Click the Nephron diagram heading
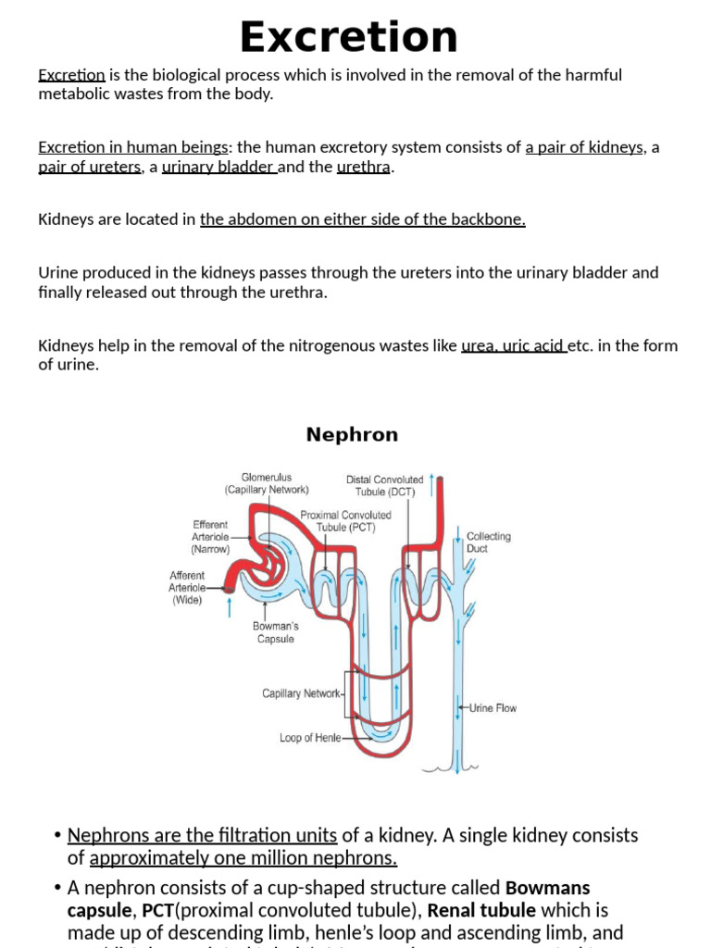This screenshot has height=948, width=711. pyautogui.click(x=352, y=434)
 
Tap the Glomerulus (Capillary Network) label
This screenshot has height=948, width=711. pyautogui.click(x=267, y=483)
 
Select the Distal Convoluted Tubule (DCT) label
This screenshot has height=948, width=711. pyautogui.click(x=384, y=485)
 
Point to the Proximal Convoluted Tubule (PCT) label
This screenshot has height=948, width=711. pyautogui.click(x=345, y=521)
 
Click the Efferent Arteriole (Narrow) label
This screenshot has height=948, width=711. pyautogui.click(x=211, y=536)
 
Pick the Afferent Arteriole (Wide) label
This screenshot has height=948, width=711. pyautogui.click(x=187, y=587)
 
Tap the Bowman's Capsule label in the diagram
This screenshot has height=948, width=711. pyautogui.click(x=275, y=632)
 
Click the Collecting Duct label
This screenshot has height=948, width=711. pyautogui.click(x=488, y=542)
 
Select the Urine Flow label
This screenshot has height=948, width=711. pyautogui.click(x=493, y=708)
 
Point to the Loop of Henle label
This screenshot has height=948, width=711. pyautogui.click(x=310, y=738)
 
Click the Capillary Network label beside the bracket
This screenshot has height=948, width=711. pyautogui.click(x=302, y=692)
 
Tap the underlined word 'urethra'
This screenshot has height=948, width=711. pyautogui.click(x=365, y=168)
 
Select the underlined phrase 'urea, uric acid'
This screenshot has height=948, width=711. pyautogui.click(x=514, y=346)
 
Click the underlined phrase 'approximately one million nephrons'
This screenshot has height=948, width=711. pyautogui.click(x=243, y=858)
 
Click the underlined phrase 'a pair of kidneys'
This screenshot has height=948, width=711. pyautogui.click(x=584, y=147)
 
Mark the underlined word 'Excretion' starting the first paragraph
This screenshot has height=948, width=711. pyautogui.click(x=71, y=75)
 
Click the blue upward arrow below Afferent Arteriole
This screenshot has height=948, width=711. pyautogui.click(x=230, y=607)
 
